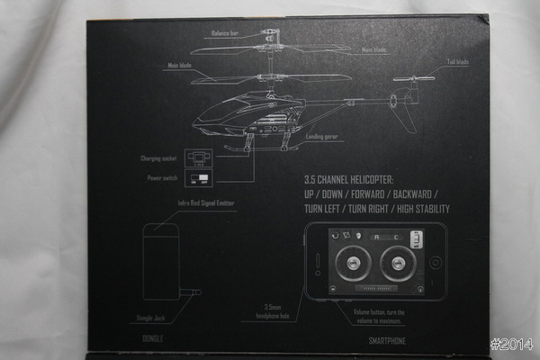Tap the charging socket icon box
(x=199, y=157)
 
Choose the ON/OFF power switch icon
(x=199, y=178)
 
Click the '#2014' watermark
(x=512, y=345)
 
